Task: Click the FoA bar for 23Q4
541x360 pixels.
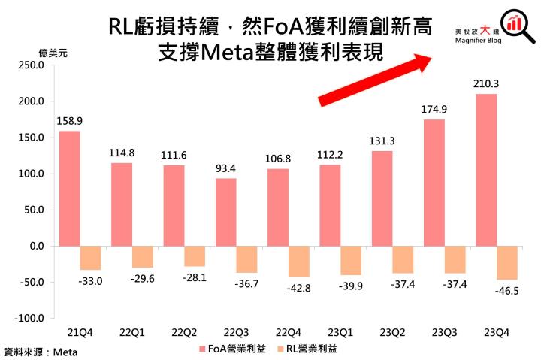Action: [x=486, y=170]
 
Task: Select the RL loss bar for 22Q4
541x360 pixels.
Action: [x=299, y=262]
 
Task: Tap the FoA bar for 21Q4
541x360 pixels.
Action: [x=70, y=189]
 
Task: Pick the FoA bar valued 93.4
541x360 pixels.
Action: [x=225, y=212]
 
